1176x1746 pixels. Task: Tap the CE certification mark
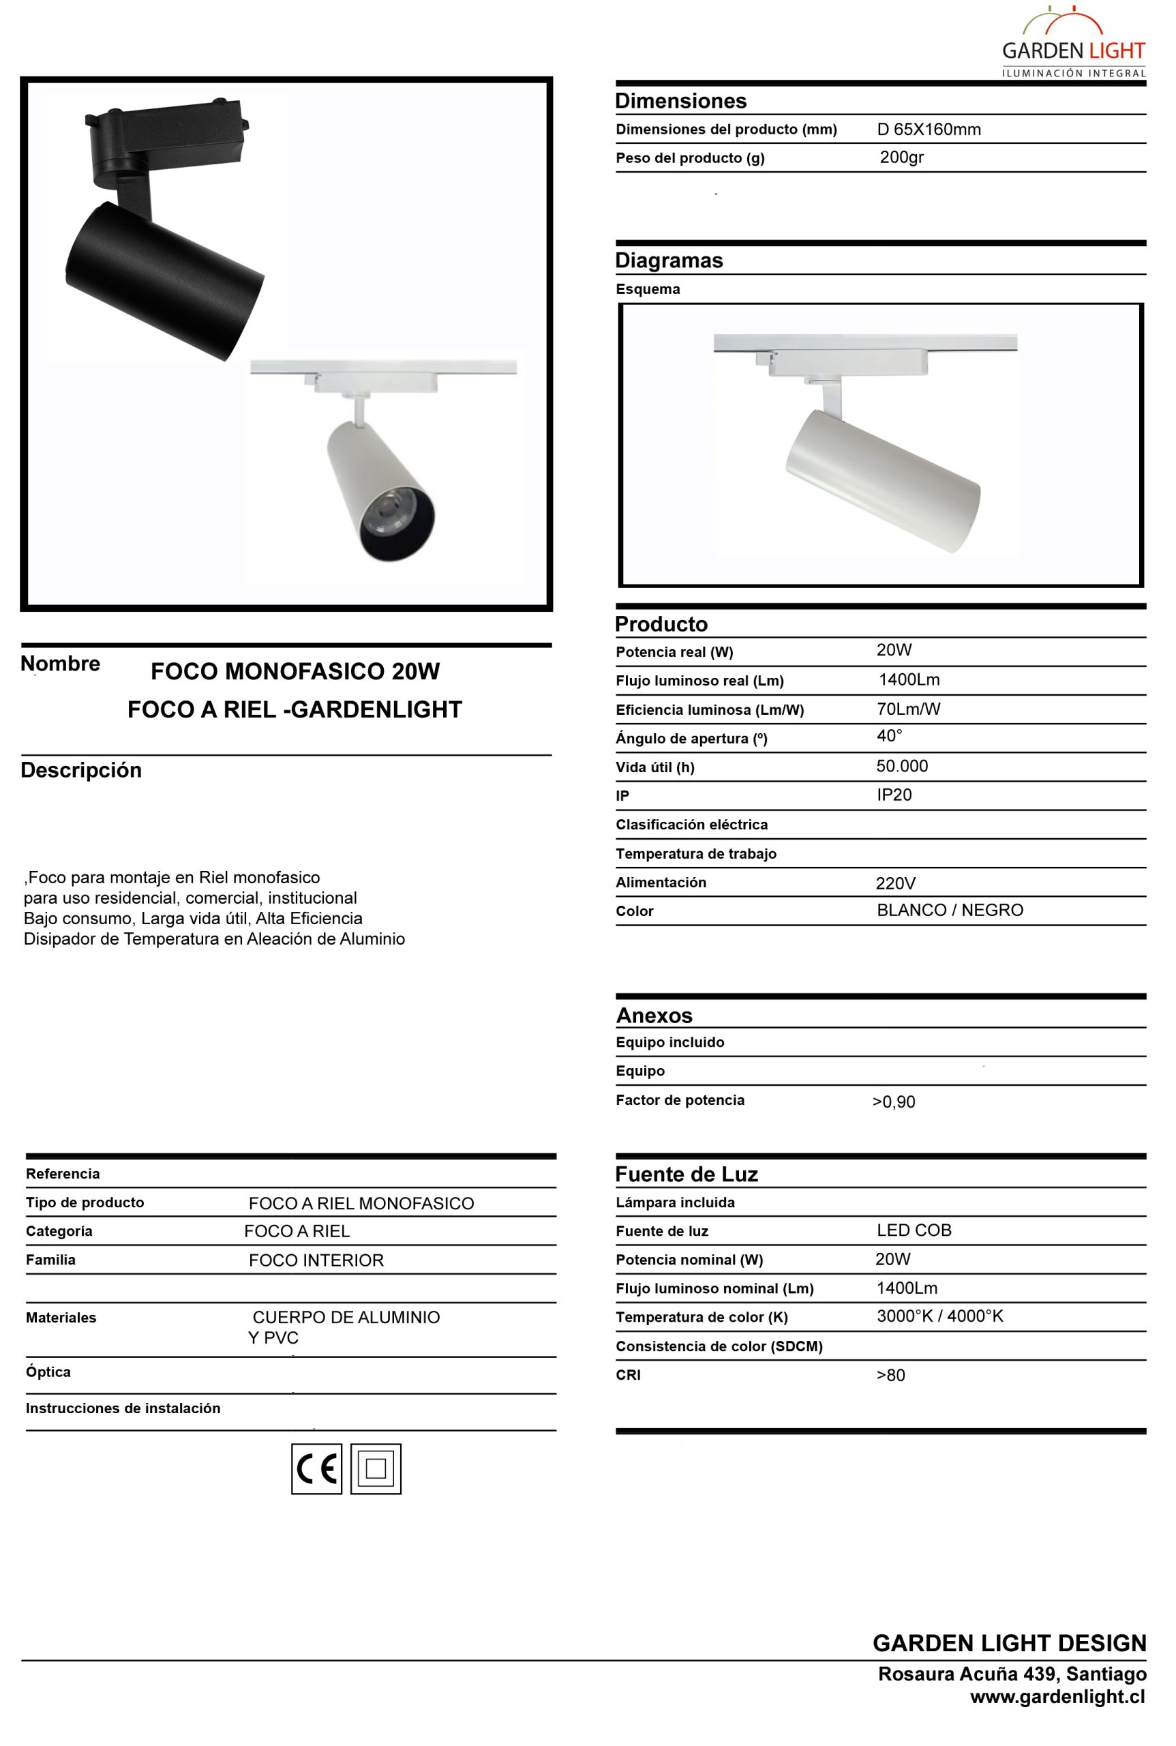pyautogui.click(x=316, y=1468)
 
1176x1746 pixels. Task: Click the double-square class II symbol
pyautogui.click(x=376, y=1468)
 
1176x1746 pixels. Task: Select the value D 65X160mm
pyautogui.click(x=929, y=129)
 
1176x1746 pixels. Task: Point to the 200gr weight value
pyautogui.click(x=901, y=158)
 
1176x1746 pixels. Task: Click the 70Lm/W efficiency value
pyautogui.click(x=908, y=709)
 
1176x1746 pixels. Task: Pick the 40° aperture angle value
pyautogui.click(x=890, y=736)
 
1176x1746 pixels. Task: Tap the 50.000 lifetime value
pyautogui.click(x=902, y=766)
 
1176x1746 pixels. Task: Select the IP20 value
pyautogui.click(x=894, y=795)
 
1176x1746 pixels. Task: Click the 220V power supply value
pyautogui.click(x=896, y=883)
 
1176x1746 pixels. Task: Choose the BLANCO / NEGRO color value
pyautogui.click(x=950, y=910)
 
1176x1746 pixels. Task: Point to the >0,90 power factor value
pyautogui.click(x=893, y=1101)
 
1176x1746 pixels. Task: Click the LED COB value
pyautogui.click(x=914, y=1230)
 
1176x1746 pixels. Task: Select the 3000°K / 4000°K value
pyautogui.click(x=939, y=1316)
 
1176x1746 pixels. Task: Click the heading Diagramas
pyautogui.click(x=669, y=261)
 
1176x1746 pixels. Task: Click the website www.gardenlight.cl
pyautogui.click(x=1057, y=1696)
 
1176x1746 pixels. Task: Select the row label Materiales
pyautogui.click(x=61, y=1318)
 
